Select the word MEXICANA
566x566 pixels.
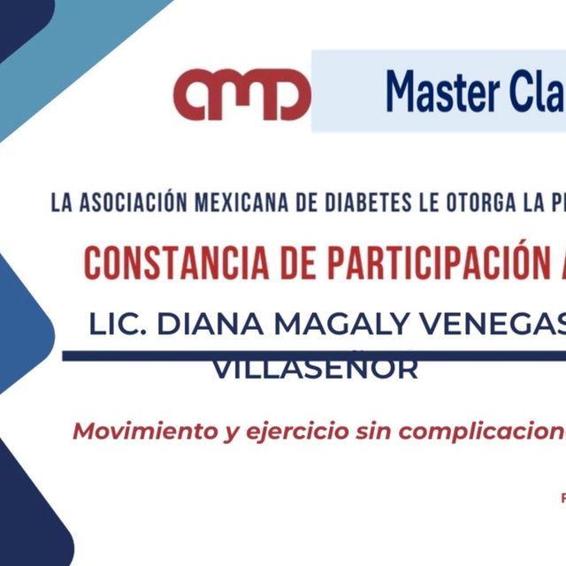[x=217, y=203]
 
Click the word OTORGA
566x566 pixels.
[x=455, y=203]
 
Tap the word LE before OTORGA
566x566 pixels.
[x=402, y=203]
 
